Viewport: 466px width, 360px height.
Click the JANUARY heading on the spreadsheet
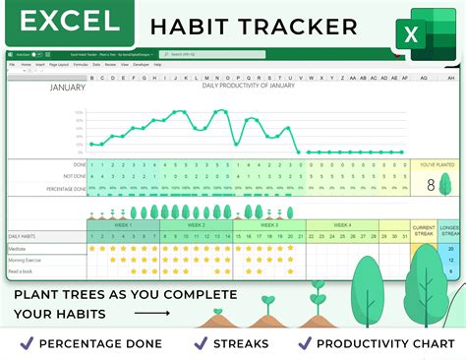69,87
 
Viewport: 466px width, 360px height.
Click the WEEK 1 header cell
123,225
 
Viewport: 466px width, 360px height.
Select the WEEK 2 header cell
196,225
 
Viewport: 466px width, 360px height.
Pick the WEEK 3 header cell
268,225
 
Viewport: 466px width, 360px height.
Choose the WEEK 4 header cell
341,225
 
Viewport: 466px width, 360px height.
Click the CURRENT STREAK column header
424,230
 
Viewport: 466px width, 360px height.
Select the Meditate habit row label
20,249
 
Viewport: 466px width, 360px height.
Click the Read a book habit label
23,270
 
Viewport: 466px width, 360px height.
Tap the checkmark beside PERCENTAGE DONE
27,343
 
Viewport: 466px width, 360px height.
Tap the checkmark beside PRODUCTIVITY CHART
306,343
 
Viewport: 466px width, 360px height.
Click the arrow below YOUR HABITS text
152,315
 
